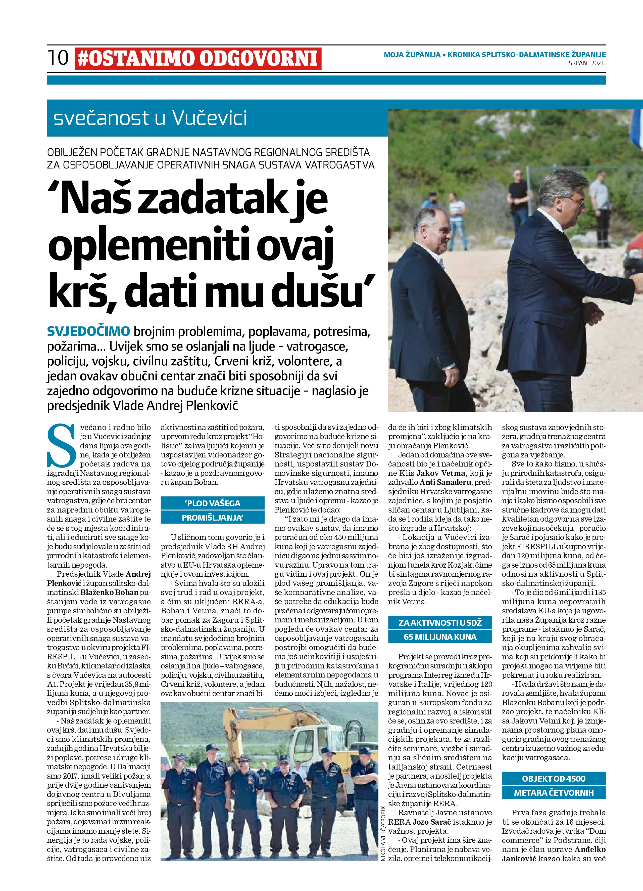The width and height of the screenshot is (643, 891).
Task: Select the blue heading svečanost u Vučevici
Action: (150, 118)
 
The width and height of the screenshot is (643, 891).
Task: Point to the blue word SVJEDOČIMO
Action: (88, 331)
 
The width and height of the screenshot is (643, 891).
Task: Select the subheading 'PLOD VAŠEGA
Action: (212, 503)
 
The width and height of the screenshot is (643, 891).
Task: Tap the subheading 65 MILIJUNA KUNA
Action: (440, 637)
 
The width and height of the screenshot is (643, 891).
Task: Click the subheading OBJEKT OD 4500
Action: (554, 779)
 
